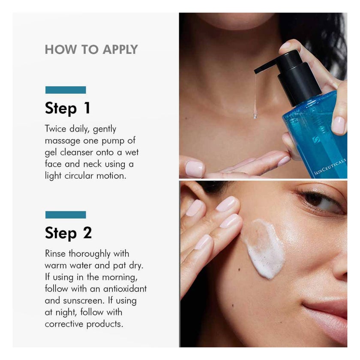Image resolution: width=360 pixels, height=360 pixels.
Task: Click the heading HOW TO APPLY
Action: tap(91, 49)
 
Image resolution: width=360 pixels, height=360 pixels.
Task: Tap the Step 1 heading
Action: tap(68, 108)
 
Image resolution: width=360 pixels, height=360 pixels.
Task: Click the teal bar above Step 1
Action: tap(66, 90)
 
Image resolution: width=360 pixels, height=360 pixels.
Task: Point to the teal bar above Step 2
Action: tap(66, 214)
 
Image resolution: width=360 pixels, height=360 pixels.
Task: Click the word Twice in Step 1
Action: tap(55, 129)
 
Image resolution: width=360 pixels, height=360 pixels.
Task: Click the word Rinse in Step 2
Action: tap(55, 254)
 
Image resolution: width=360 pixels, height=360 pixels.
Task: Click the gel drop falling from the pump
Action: tap(255, 114)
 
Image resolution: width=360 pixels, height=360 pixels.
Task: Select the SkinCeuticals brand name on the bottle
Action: tap(330, 167)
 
